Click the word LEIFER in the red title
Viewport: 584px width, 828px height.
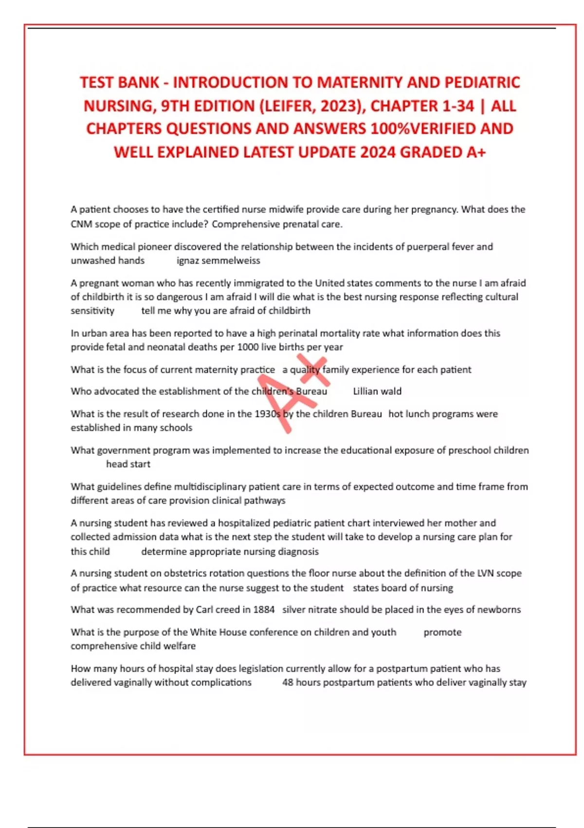pos(310,106)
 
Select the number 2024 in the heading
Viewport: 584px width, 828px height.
pos(378,152)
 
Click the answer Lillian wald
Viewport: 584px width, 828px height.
pos(377,391)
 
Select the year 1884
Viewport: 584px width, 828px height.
pos(264,609)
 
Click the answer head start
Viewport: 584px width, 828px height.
pos(128,464)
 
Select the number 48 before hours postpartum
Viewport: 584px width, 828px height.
pos(288,682)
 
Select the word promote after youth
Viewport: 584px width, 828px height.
pos(442,632)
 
